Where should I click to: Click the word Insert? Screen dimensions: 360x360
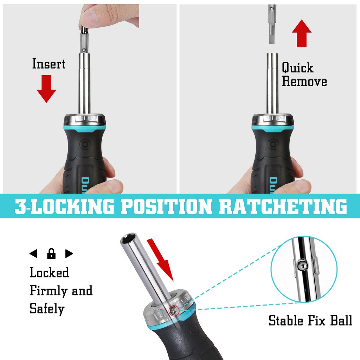pyautogui.click(x=49, y=64)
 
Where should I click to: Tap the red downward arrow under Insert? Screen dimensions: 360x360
pyautogui.click(x=46, y=89)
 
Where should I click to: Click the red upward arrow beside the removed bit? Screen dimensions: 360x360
pyautogui.click(x=302, y=33)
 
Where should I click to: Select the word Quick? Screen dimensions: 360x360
pyautogui.click(x=297, y=68)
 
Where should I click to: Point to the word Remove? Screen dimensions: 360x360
pyautogui.click(x=304, y=81)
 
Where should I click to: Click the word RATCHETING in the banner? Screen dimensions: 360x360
pyautogui.click(x=283, y=206)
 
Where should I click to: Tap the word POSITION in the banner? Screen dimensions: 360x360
pyautogui.click(x=166, y=206)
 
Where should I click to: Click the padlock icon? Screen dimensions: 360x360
pyautogui.click(x=51, y=254)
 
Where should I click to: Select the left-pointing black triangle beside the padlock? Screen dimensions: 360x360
pyautogui.click(x=33, y=254)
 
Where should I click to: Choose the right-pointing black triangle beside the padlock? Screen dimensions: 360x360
pyautogui.click(x=69, y=254)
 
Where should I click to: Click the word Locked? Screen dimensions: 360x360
pyautogui.click(x=49, y=272)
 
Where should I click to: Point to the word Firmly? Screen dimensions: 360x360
pyautogui.click(x=49, y=291)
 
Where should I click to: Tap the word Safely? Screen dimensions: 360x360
pyautogui.click(x=47, y=309)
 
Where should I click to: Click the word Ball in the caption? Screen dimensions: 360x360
pyautogui.click(x=341, y=321)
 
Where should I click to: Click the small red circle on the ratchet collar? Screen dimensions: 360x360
pyautogui.click(x=174, y=311)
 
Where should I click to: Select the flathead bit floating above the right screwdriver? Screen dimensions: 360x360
pyautogui.click(x=272, y=25)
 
